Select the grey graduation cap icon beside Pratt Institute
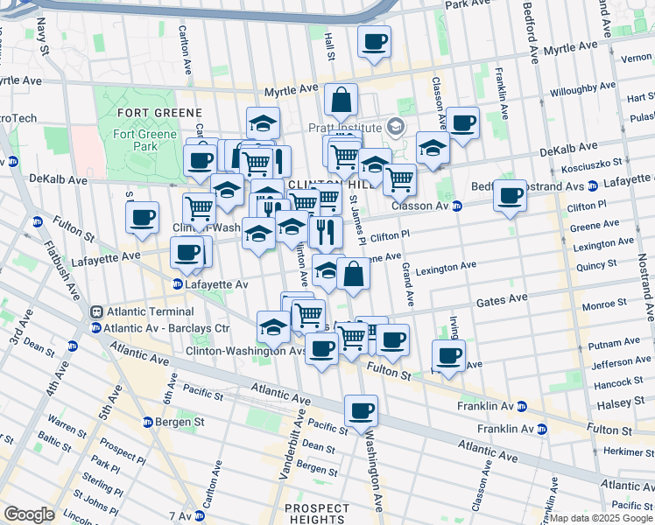(x=396, y=128)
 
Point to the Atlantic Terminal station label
(x=150, y=311)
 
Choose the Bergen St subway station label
(x=180, y=422)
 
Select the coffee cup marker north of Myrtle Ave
(x=374, y=43)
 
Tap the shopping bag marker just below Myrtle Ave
(x=341, y=101)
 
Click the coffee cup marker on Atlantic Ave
(x=361, y=410)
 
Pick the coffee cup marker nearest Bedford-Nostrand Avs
(x=510, y=196)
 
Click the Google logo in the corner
(x=30, y=514)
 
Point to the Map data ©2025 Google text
(x=600, y=518)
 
